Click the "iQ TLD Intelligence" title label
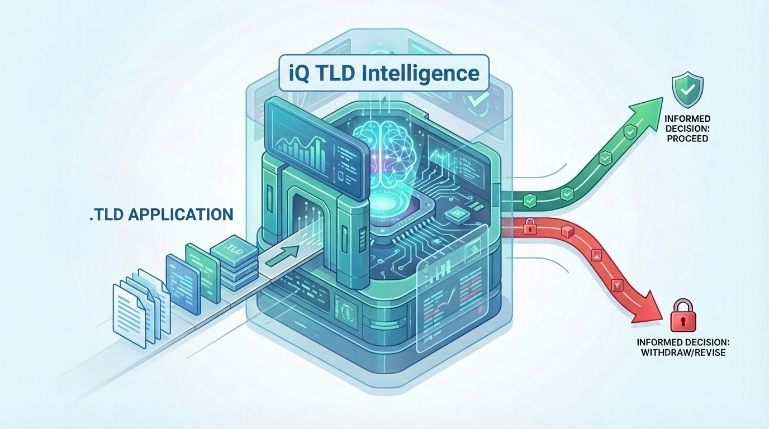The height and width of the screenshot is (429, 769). point(383,74)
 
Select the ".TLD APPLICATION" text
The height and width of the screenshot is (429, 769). point(161,214)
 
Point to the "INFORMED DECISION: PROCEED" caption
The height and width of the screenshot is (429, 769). point(687,128)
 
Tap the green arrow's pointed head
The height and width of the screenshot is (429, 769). point(653,106)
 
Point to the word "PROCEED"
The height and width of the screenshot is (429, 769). point(687,138)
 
